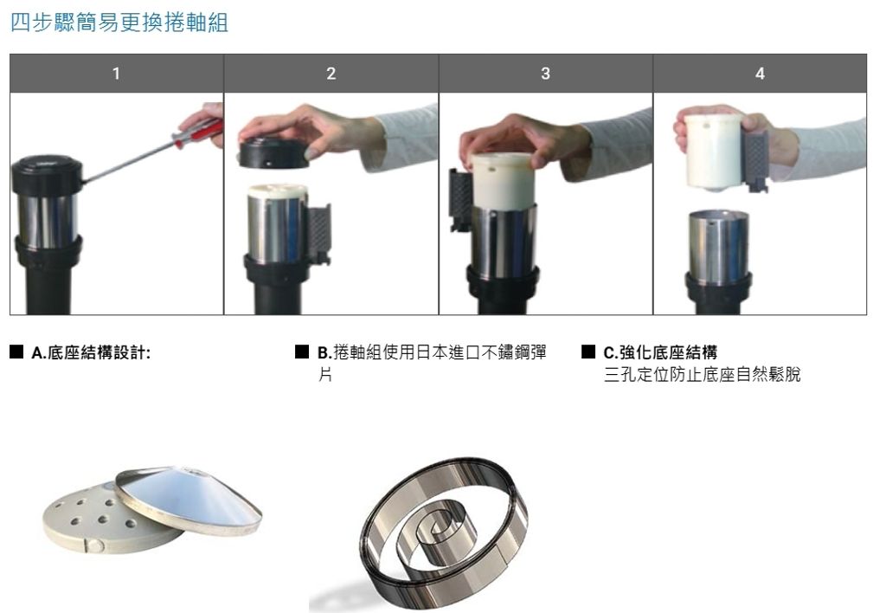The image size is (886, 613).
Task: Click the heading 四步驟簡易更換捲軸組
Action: pyautogui.click(x=119, y=23)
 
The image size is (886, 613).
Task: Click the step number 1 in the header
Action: pyautogui.click(x=117, y=74)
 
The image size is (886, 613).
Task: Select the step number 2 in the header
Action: pyautogui.click(x=331, y=74)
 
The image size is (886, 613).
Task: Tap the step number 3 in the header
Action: pyautogui.click(x=545, y=74)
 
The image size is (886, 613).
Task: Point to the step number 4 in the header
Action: pyautogui.click(x=760, y=74)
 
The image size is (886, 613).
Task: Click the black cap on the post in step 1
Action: pyautogui.click(x=47, y=175)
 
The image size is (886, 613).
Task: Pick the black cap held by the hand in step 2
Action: pyautogui.click(x=273, y=153)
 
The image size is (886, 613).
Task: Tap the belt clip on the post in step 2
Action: pyautogui.click(x=318, y=235)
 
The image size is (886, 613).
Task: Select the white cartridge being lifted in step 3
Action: pyautogui.click(x=503, y=181)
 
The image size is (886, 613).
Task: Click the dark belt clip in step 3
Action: pyautogui.click(x=460, y=199)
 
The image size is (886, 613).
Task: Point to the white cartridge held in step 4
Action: pyautogui.click(x=714, y=152)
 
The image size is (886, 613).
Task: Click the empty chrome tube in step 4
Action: pyautogui.click(x=719, y=247)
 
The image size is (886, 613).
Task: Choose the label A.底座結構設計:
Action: pyautogui.click(x=91, y=353)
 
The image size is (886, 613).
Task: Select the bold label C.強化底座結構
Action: pyautogui.click(x=660, y=353)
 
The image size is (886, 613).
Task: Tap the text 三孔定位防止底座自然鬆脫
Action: pyautogui.click(x=703, y=374)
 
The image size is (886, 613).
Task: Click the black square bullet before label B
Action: pyautogui.click(x=302, y=352)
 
